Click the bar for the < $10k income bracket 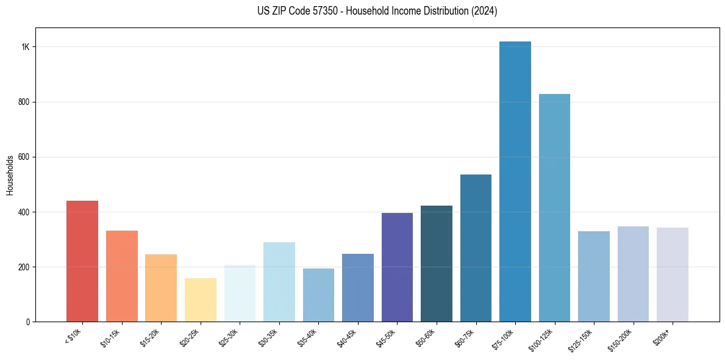(x=82, y=261)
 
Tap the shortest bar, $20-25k (x=200, y=300)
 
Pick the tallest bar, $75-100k (x=515, y=181)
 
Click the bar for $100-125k (x=554, y=207)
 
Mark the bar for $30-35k (x=279, y=282)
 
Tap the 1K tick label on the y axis (x=25, y=47)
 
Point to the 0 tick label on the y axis (x=27, y=322)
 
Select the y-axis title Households (x=10, y=175)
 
